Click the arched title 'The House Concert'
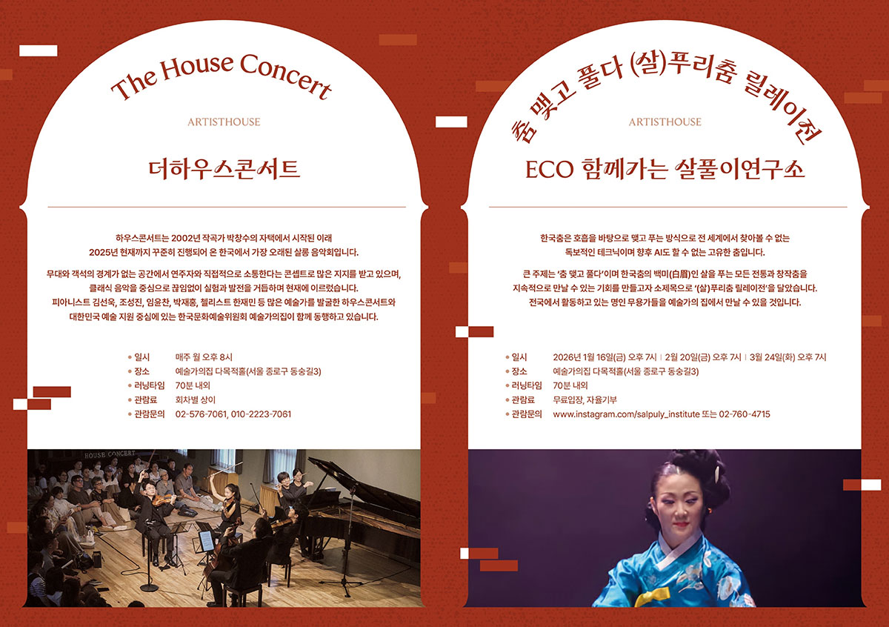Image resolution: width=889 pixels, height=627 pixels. point(220,75)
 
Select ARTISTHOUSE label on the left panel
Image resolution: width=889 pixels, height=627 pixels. point(224,122)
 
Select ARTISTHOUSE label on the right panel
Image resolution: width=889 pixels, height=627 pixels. point(665,122)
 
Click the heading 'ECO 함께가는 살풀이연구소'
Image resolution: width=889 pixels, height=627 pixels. point(665,169)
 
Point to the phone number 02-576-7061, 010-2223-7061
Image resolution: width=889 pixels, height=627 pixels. point(233,414)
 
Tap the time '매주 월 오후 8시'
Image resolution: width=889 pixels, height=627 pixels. point(204,357)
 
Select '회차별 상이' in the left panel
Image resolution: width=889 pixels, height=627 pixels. point(195,400)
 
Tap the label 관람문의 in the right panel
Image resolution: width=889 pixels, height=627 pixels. point(527,414)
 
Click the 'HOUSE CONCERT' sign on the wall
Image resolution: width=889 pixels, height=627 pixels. point(110,454)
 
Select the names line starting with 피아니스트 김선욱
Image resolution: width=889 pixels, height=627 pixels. point(223,302)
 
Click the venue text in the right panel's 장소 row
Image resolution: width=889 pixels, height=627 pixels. point(625,371)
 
